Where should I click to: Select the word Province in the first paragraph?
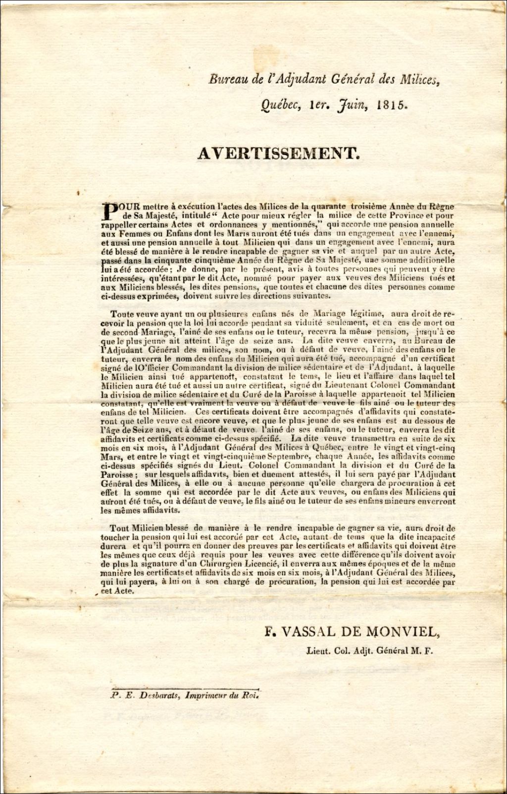point(391,215)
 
